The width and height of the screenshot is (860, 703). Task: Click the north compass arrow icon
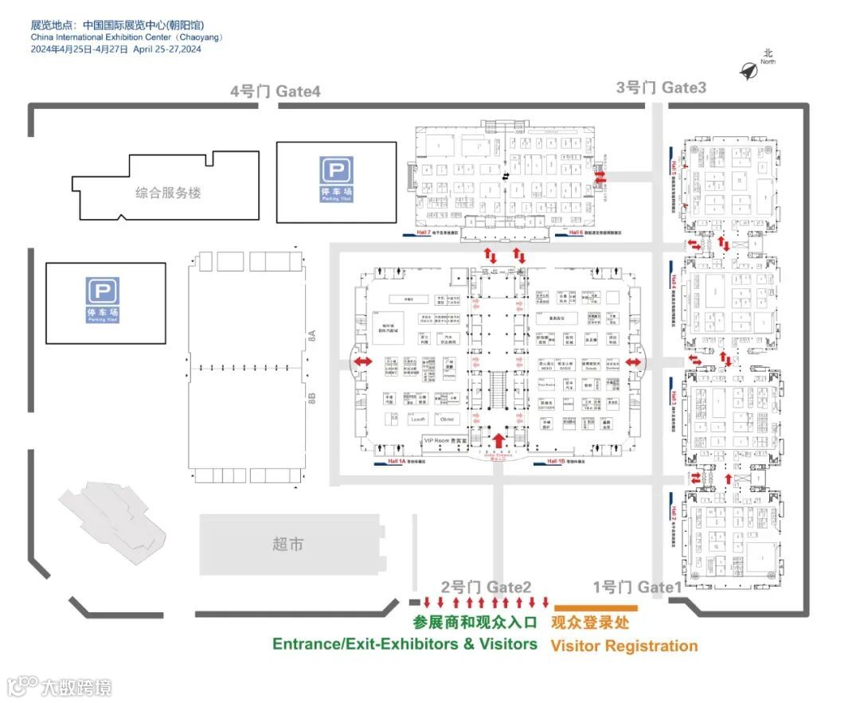(749, 71)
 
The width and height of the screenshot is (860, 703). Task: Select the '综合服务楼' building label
(168, 193)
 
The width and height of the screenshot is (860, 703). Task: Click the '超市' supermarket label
(287, 545)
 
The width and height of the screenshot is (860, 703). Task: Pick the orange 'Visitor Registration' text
(623, 646)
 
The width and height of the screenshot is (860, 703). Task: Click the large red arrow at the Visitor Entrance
(499, 439)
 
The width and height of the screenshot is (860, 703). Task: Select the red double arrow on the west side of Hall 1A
(362, 362)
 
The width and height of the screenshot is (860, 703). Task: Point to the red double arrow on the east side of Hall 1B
(634, 363)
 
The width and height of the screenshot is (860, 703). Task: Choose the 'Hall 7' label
(423, 232)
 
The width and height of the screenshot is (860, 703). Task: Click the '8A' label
(313, 337)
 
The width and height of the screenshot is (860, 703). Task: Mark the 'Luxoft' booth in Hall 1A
(420, 419)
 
